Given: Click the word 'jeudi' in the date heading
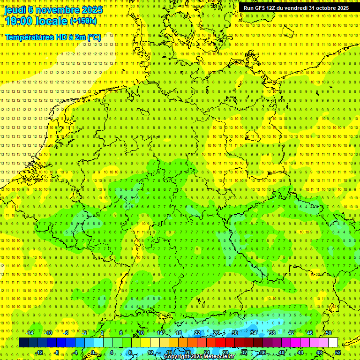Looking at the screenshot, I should point(15,10).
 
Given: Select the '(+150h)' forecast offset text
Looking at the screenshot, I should point(83,21).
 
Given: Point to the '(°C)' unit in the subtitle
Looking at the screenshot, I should point(93,37).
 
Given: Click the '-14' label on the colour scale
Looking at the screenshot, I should point(30,333).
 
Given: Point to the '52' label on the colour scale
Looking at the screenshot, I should point(338,352).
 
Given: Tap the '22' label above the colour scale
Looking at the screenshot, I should point(197,333).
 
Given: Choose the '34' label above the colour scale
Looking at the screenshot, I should point(254,333).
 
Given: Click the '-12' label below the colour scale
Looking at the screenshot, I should point(39,352).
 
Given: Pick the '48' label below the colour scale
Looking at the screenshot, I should point(319,352).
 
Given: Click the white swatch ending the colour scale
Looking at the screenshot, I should point(333,343).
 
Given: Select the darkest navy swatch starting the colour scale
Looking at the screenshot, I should point(23,343).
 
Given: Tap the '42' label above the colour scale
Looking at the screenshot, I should point(291,333).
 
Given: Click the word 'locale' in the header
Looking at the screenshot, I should point(52,21).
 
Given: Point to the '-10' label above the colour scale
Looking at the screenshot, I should point(48,333).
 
